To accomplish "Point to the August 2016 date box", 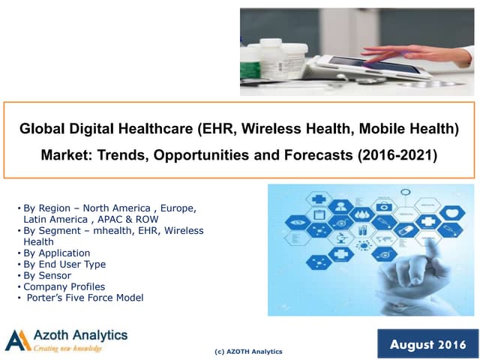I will click(x=427, y=344).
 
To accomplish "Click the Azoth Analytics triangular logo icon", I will click(x=17, y=340).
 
